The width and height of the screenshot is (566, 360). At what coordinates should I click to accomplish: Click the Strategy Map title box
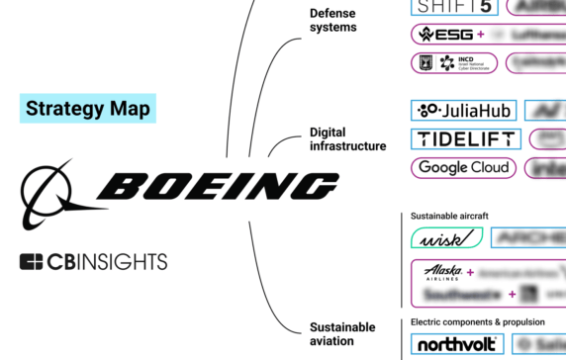tap(89, 108)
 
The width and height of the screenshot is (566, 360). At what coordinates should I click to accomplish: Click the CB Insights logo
tap(93, 262)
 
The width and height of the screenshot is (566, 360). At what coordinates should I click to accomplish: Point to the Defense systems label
tap(332, 20)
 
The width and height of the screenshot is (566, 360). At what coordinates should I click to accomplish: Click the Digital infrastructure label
tap(347, 138)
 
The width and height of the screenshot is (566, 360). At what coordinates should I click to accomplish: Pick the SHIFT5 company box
tap(453, 8)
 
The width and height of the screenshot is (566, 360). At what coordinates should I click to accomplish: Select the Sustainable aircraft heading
tap(450, 215)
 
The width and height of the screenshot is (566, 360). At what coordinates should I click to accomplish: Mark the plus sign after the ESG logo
tap(480, 35)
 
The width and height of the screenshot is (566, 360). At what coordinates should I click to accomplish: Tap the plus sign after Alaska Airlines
tap(470, 272)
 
